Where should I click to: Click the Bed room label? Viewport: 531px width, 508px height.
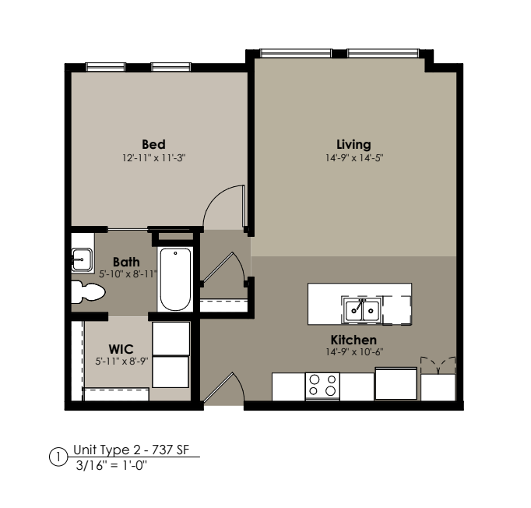pyautogui.click(x=153, y=144)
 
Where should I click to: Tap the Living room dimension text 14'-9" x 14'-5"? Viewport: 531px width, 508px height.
pyautogui.click(x=354, y=158)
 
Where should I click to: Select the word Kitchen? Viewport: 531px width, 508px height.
pyautogui.click(x=353, y=340)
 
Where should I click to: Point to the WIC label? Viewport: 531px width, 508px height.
pyautogui.click(x=121, y=349)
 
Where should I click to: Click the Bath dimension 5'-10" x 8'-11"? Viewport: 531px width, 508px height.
pyautogui.click(x=128, y=273)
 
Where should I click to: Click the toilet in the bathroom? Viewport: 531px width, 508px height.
pyautogui.click(x=88, y=291)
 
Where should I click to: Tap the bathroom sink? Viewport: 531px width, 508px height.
pyautogui.click(x=82, y=260)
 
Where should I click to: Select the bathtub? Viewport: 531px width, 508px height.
pyautogui.click(x=175, y=279)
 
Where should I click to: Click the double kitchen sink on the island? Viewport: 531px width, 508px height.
pyautogui.click(x=362, y=309)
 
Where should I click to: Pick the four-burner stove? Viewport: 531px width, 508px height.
pyautogui.click(x=322, y=386)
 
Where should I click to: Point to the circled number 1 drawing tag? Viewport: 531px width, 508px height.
pyautogui.click(x=58, y=457)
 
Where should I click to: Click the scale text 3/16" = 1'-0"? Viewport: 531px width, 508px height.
pyautogui.click(x=111, y=466)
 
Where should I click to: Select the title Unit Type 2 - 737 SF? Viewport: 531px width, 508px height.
pyautogui.click(x=131, y=450)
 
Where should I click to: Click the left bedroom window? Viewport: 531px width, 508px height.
pyautogui.click(x=105, y=67)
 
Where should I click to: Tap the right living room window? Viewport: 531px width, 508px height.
pyautogui.click(x=382, y=53)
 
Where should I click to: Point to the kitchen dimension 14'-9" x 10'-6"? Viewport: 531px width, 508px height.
pyautogui.click(x=354, y=352)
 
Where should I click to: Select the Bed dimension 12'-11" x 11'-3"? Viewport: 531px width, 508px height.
pyautogui.click(x=154, y=158)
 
